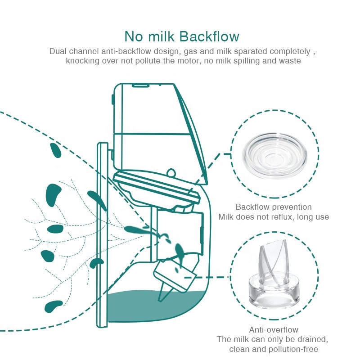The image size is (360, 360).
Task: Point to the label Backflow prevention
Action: tap(274, 207)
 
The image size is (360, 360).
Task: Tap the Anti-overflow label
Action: tap(274, 330)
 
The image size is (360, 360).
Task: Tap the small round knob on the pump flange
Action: tap(171, 172)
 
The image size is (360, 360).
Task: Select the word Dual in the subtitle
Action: tap(57, 51)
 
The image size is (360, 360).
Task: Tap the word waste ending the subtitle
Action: tap(290, 61)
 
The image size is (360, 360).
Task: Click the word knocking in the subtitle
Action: tap(83, 61)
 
